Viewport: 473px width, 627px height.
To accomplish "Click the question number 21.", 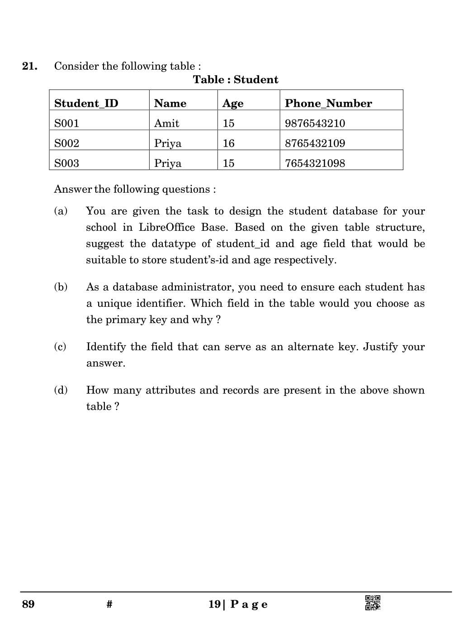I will click(30, 66).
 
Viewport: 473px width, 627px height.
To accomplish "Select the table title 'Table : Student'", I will click(235, 80).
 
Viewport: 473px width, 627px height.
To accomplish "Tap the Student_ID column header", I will click(86, 104).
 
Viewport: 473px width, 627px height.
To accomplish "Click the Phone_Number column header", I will click(328, 104).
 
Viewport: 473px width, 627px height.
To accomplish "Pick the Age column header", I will click(233, 104).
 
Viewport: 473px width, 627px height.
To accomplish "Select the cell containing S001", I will click(66, 123).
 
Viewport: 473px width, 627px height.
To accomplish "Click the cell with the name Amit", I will click(166, 123).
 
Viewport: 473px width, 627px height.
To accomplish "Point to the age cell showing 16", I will click(228, 143).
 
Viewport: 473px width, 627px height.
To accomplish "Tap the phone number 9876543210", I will click(315, 123).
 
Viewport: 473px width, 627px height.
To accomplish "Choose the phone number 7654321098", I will click(315, 163).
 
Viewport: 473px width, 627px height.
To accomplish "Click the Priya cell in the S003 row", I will click(167, 163).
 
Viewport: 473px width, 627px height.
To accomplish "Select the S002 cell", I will click(66, 143).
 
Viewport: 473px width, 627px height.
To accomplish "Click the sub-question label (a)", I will click(61, 211).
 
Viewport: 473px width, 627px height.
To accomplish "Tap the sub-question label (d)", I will click(61, 390).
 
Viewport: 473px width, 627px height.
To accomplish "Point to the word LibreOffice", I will click(166, 228).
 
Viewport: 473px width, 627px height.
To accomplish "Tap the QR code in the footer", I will click(373, 603).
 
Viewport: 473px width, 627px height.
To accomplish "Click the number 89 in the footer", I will click(28, 604).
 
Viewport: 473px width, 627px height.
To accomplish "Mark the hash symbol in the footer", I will click(109, 604).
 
